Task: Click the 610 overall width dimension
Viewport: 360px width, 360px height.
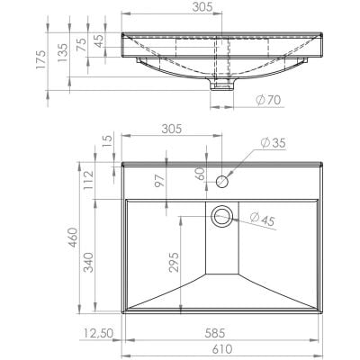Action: click(221, 350)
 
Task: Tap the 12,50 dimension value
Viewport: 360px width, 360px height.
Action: click(94, 334)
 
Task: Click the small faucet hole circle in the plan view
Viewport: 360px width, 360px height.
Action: click(221, 180)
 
